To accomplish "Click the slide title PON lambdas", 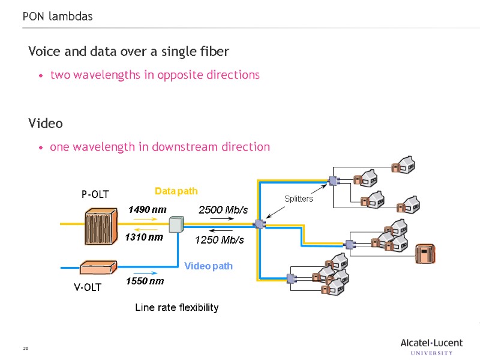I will click(x=58, y=16).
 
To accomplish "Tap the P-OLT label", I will click(x=95, y=194).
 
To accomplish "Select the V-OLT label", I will click(x=88, y=287).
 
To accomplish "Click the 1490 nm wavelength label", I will click(x=148, y=210).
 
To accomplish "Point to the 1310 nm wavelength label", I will click(x=144, y=238).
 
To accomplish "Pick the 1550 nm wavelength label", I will click(x=145, y=281).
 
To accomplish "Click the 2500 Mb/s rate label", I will click(x=223, y=209).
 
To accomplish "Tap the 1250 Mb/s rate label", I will click(x=220, y=240).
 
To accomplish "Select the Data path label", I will click(x=176, y=191).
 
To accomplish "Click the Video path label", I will click(x=208, y=266).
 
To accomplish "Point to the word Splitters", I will click(x=298, y=199).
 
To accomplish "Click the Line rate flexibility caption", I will click(x=176, y=308).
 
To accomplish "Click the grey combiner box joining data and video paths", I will click(x=175, y=225).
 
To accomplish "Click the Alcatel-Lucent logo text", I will click(x=431, y=343).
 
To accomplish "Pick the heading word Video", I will click(x=46, y=124).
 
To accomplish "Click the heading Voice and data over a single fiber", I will click(x=128, y=52).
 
